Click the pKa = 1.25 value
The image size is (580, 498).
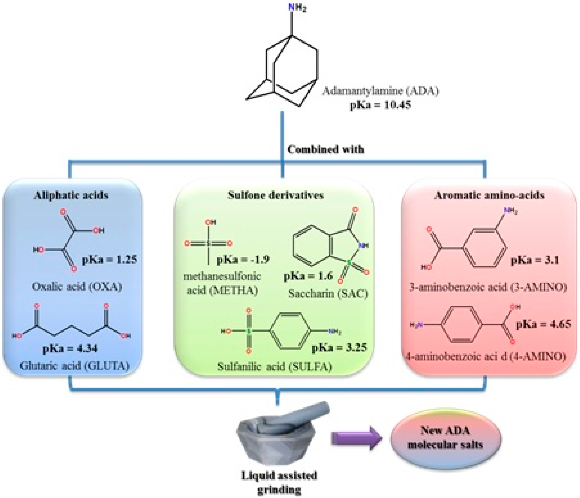pyautogui.click(x=109, y=260)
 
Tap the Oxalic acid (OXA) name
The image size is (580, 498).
pyautogui.click(x=77, y=287)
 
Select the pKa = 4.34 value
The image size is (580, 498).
pyautogui.click(x=70, y=349)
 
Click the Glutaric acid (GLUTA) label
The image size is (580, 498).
pyautogui.click(x=74, y=366)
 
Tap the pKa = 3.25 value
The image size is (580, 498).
pyautogui.click(x=339, y=347)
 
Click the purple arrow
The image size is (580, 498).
pyautogui.click(x=356, y=438)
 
